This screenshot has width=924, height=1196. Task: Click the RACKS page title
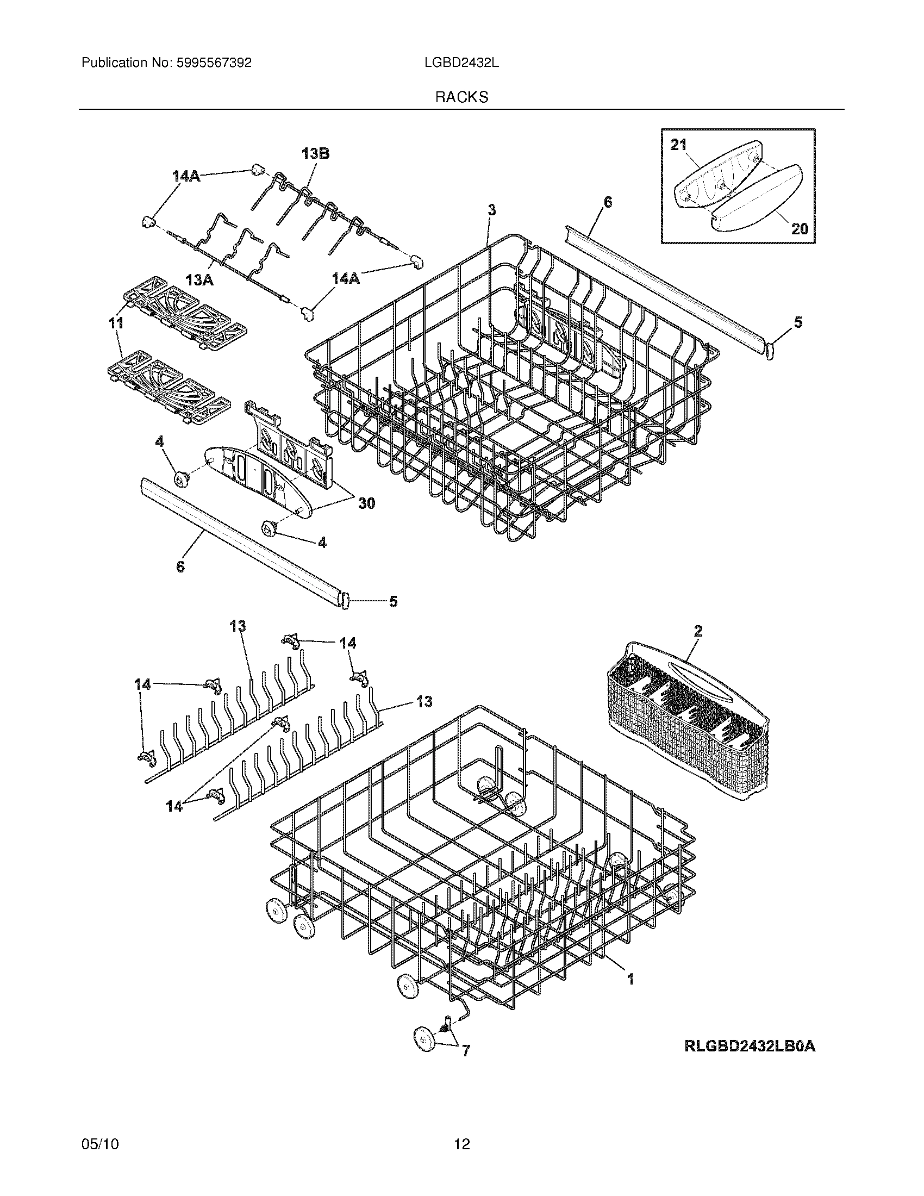[x=461, y=97]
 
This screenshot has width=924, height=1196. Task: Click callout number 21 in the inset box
[x=678, y=145]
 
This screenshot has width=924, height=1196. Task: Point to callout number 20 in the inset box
[x=800, y=228]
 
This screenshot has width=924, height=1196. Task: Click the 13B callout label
[x=315, y=154]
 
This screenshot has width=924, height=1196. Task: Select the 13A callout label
[x=199, y=281]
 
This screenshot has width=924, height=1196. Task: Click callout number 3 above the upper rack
[x=491, y=209]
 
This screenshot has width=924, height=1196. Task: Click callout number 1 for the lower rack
[x=630, y=979]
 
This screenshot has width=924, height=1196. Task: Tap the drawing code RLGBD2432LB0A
[x=750, y=1046]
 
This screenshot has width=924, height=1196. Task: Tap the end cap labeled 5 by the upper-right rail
[x=769, y=350]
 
